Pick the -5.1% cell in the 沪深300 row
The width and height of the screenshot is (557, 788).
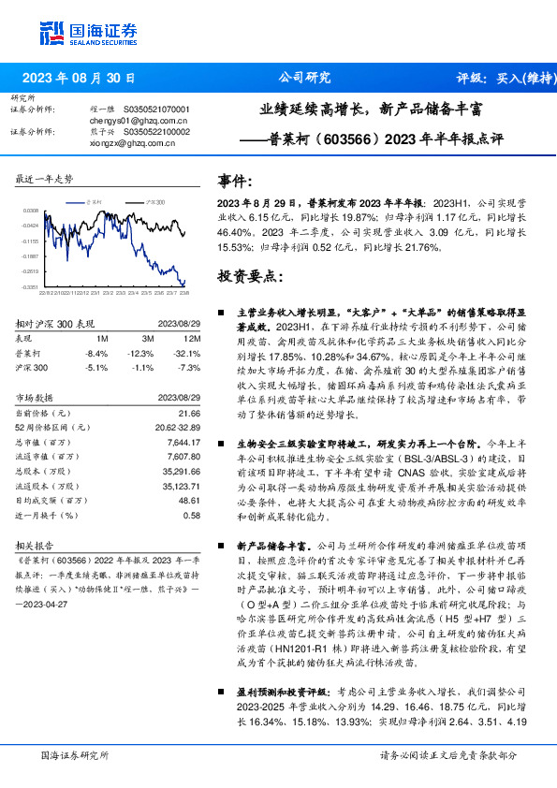tap(96, 368)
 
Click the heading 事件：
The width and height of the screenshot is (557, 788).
tap(235, 181)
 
